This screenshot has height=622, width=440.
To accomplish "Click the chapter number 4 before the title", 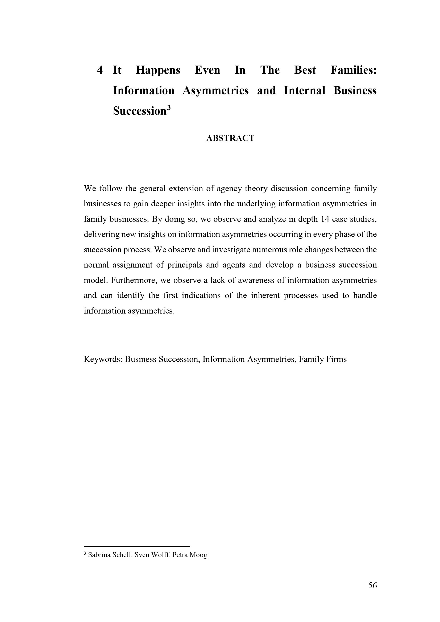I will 100,70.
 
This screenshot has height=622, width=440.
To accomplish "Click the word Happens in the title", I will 158,70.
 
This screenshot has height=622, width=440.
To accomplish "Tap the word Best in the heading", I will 305,70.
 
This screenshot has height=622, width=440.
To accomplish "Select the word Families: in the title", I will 354,70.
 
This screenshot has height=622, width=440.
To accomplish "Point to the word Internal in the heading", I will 304,90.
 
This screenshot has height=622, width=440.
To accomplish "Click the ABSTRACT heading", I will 230,138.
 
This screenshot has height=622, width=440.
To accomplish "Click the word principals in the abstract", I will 185,265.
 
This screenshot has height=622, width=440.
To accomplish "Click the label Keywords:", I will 103,359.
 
